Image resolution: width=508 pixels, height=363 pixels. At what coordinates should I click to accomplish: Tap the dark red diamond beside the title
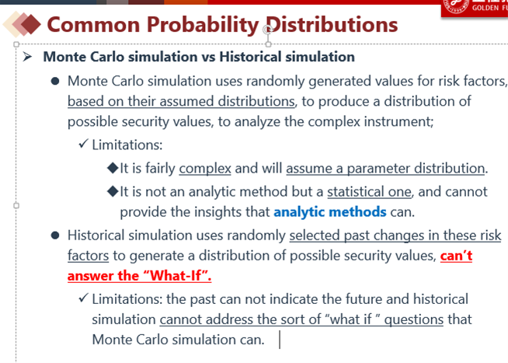[x=31, y=24]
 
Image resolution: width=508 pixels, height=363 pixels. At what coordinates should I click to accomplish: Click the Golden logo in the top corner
[x=475, y=8]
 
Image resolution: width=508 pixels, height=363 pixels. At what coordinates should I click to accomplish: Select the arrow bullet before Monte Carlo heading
[x=27, y=57]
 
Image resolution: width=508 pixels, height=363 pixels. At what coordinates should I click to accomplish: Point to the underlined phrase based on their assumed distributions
[x=181, y=101]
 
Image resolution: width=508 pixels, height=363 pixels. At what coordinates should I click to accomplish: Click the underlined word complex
[x=205, y=169]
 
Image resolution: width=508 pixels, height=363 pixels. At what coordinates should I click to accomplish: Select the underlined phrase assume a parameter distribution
[x=385, y=169]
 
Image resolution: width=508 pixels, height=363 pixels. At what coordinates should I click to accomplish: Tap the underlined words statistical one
[x=369, y=192]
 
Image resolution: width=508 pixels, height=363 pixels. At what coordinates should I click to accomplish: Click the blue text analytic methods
[x=330, y=212]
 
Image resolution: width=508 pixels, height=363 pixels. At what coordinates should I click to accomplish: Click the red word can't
[x=456, y=256]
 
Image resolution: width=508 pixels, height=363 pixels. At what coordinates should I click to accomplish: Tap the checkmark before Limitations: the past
[x=84, y=298]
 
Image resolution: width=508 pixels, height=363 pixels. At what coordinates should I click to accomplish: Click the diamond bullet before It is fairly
[x=113, y=168]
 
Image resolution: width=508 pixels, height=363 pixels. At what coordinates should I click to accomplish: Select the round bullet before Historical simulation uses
[x=55, y=236]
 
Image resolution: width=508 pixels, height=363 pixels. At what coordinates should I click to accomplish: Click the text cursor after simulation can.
[x=280, y=340]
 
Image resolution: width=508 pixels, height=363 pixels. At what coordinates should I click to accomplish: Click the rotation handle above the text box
[x=268, y=30]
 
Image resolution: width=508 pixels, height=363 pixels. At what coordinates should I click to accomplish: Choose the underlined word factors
[x=88, y=256]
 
